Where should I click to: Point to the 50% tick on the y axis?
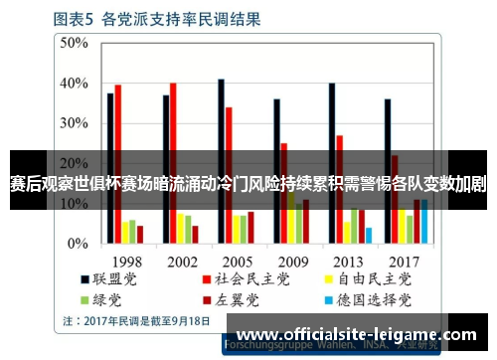pos(73,43)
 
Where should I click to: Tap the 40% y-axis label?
pos(73,84)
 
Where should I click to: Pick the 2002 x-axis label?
pos(181,262)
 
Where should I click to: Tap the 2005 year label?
pos(237,262)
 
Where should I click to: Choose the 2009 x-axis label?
pos(292,262)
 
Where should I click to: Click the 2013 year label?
pos(348,262)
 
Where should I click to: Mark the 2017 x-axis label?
pos(404,262)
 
